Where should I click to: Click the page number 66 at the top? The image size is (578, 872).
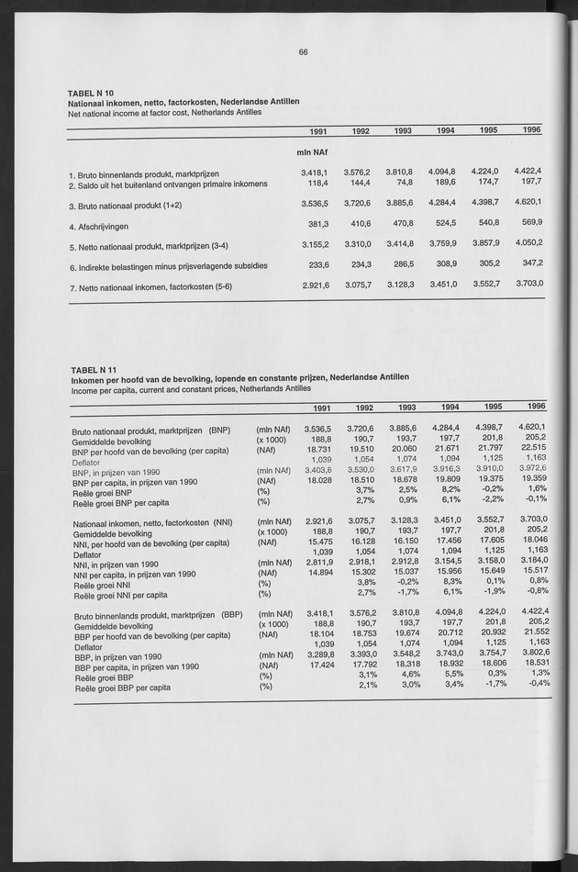pyautogui.click(x=303, y=51)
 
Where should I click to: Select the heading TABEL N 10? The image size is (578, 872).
pyautogui.click(x=92, y=94)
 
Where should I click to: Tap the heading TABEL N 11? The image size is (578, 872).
pyautogui.click(x=92, y=370)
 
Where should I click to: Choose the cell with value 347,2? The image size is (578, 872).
pyautogui.click(x=529, y=263)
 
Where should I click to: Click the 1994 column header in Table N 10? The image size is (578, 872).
pyautogui.click(x=445, y=131)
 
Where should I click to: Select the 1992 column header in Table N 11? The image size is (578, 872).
pyautogui.click(x=361, y=408)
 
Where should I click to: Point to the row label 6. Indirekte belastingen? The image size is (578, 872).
pyautogui.click(x=167, y=266)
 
